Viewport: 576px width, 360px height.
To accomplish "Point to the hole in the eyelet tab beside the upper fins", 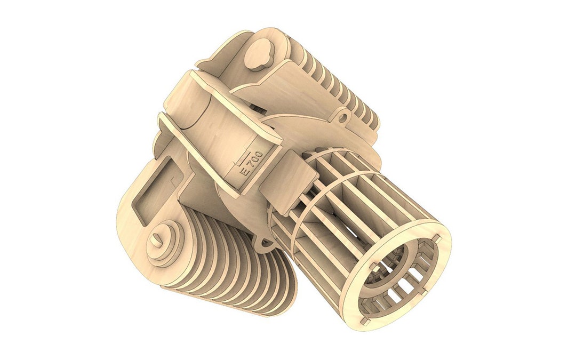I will pyautogui.click(x=341, y=115).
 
